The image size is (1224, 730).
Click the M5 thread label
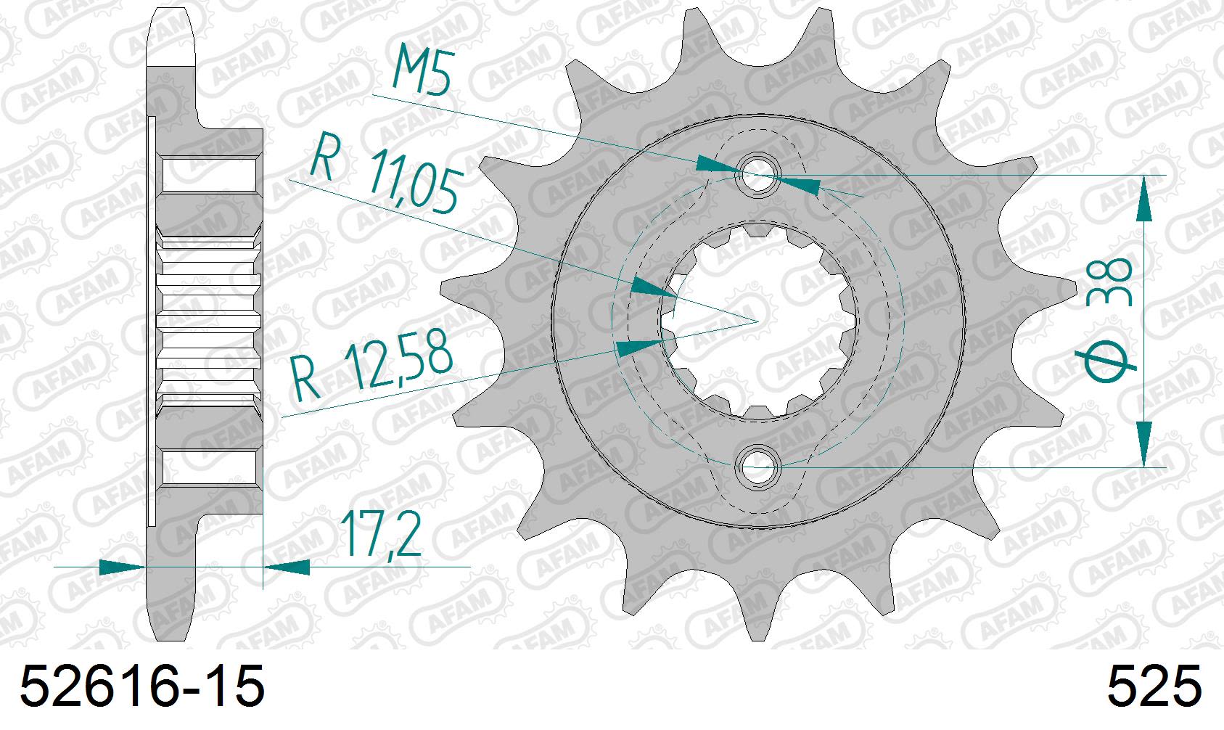click(x=419, y=70)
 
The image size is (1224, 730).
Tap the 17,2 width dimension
click(x=379, y=535)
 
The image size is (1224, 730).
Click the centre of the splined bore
click(x=759, y=320)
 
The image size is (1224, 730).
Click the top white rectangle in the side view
click(x=208, y=175)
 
